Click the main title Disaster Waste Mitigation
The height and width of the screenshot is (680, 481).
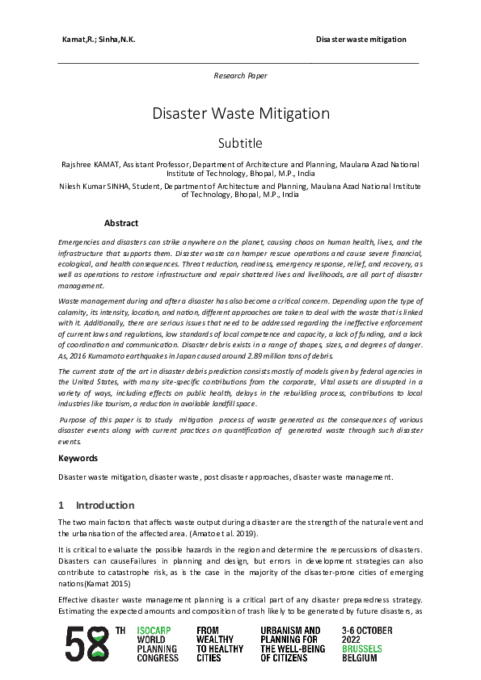click(x=240, y=113)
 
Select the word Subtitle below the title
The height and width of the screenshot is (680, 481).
click(x=240, y=144)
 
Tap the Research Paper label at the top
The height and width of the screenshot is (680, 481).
click(x=240, y=75)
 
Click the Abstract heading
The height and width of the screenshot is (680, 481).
click(x=121, y=223)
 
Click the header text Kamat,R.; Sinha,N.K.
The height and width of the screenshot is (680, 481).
click(x=95, y=40)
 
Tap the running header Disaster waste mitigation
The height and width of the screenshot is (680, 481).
click(x=361, y=40)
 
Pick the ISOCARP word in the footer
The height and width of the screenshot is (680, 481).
click(x=154, y=629)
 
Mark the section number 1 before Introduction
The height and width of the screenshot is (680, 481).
click(x=61, y=506)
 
